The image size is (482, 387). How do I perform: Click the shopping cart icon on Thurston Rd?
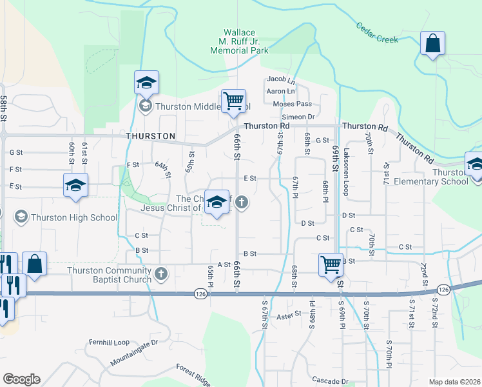click(x=233, y=101)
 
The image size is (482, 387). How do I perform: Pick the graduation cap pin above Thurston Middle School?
click(x=146, y=83)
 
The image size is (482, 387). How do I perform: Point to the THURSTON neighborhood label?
click(x=151, y=136)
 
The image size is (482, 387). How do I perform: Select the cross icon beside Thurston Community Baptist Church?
click(x=161, y=274)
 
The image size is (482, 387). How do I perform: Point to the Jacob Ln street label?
click(x=281, y=79)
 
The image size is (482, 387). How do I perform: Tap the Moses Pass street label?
click(x=292, y=104)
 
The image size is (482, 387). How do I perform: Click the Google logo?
click(x=21, y=379)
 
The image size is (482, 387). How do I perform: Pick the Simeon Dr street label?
click(x=302, y=117)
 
